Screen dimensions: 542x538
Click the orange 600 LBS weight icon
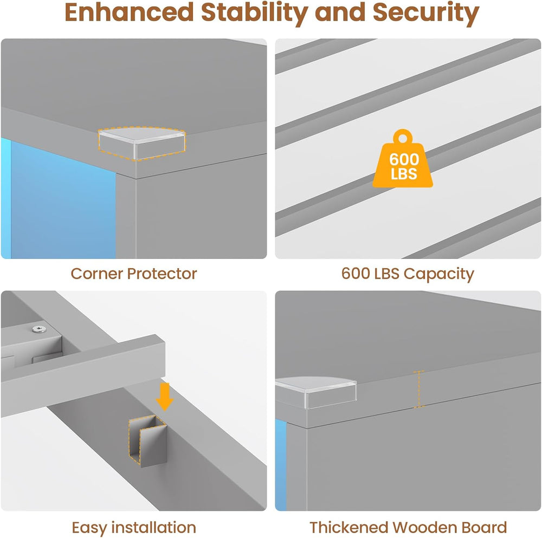403,159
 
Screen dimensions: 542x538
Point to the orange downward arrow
165,397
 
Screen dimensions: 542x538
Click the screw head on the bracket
39,329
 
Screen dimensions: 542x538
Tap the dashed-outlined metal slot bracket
147,439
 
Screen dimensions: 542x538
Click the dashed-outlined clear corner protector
142,143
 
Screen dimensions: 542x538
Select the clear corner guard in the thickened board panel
315,393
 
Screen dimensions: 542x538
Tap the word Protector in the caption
162,274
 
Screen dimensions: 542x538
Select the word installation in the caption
153,527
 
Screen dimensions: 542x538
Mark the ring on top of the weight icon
403,137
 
